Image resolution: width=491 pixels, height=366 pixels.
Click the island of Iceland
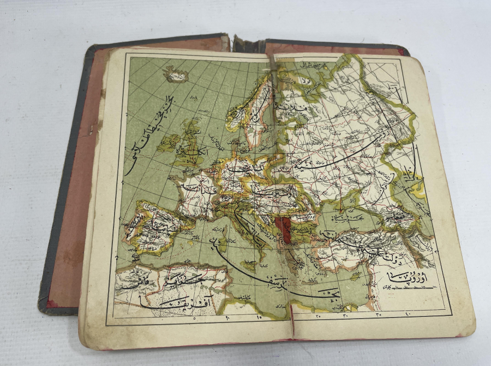click(x=176, y=75)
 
